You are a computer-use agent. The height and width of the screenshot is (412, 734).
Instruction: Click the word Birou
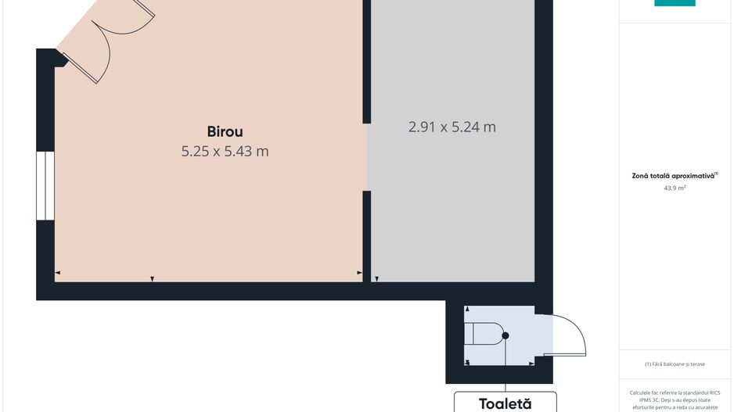(x=225, y=131)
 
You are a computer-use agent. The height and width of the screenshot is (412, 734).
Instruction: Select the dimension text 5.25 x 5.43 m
(x=225, y=152)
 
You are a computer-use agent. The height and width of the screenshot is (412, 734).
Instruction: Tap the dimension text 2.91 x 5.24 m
(x=452, y=127)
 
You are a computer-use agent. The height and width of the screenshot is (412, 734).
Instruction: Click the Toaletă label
(x=505, y=403)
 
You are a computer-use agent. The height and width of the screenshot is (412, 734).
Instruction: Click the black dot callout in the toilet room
(x=506, y=335)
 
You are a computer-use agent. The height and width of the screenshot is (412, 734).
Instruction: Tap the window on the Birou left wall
(x=45, y=186)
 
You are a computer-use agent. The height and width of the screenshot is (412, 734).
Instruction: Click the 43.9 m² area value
(x=675, y=188)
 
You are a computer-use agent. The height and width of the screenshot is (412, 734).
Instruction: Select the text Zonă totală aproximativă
(x=673, y=176)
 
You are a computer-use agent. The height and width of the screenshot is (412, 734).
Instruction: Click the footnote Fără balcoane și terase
(x=675, y=364)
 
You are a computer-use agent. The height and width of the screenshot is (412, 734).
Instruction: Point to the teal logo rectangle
(x=675, y=3)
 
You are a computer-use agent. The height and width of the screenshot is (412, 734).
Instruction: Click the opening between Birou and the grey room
(x=366, y=156)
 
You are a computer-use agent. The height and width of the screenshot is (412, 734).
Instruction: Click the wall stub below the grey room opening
(x=366, y=235)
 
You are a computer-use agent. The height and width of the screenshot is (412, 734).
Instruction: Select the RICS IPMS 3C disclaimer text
(x=675, y=399)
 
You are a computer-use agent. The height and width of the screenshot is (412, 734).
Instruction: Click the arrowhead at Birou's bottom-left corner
(x=57, y=274)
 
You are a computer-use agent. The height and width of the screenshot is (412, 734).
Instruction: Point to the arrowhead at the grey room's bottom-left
(x=375, y=278)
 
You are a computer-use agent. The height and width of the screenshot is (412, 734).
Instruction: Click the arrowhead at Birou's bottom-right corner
(x=359, y=274)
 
